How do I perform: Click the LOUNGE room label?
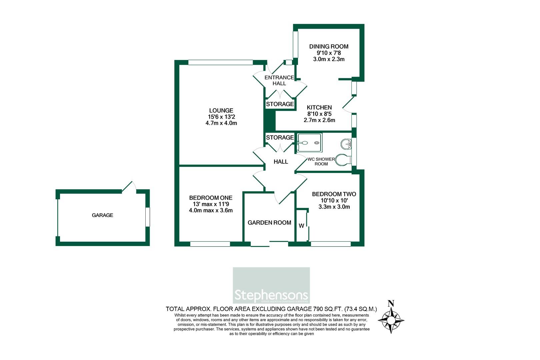[x=221, y=111]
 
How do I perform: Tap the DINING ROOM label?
[x=329, y=47]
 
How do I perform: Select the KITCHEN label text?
[x=319, y=107]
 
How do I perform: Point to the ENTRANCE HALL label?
[x=279, y=80]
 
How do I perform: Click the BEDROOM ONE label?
[x=211, y=198]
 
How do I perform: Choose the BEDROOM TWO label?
[x=334, y=194]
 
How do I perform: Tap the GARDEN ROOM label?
[x=269, y=223]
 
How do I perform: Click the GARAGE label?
[x=102, y=215]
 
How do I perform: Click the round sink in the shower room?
[x=346, y=144]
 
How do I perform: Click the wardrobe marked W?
[x=302, y=226]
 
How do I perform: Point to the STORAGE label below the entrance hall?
[x=280, y=104]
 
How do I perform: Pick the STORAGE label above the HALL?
[x=280, y=137]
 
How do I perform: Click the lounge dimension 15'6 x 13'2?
[x=221, y=117]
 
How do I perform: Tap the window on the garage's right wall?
[x=148, y=217]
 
